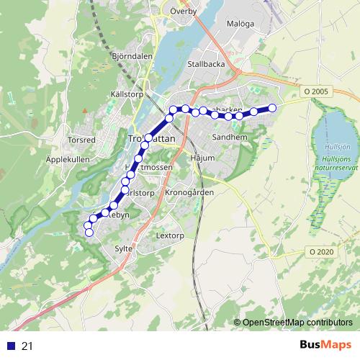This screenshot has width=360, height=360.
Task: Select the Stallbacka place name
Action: pyautogui.click(x=206, y=63)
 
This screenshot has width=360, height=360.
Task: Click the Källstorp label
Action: pyautogui.click(x=129, y=94)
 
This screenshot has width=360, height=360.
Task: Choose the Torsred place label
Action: pyautogui.click(x=81, y=139)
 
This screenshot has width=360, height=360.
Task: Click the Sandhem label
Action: pyautogui.click(x=230, y=136)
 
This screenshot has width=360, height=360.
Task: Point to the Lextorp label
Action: pyautogui.click(x=171, y=235)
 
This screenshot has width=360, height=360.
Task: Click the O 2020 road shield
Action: pyautogui.click(x=321, y=251)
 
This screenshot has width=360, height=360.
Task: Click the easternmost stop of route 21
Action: pyautogui.click(x=272, y=109)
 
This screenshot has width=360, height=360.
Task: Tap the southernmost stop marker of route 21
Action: pyautogui.click(x=89, y=232)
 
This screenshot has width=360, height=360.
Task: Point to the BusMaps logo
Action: pyautogui.click(x=326, y=346)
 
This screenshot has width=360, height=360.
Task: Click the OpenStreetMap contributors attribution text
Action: pyautogui.click(x=297, y=323)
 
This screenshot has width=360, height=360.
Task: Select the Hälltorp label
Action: pyautogui.click(x=139, y=193)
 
